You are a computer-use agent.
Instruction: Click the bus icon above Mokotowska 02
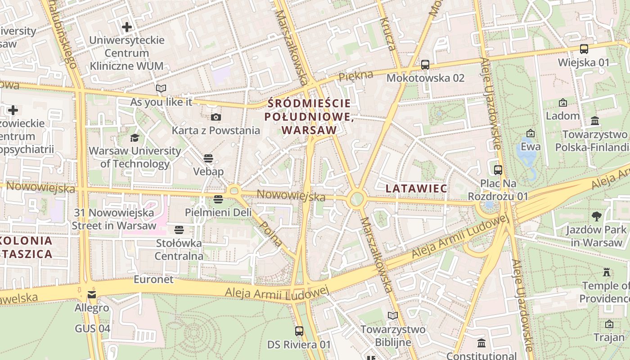(x=425, y=65)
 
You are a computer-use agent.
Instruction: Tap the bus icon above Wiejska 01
(x=584, y=49)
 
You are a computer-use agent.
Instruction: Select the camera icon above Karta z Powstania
(x=216, y=117)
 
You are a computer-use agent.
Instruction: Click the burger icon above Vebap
(x=208, y=158)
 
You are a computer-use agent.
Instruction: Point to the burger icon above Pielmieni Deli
(x=218, y=199)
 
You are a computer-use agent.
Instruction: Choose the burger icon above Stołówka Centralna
(x=179, y=230)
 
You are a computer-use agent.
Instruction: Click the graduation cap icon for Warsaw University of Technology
(x=135, y=138)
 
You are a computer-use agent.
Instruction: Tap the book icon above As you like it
(x=161, y=89)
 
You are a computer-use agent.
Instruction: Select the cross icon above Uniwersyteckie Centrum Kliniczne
(x=127, y=27)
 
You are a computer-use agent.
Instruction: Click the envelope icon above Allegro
(x=92, y=295)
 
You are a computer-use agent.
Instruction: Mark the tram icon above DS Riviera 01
(x=299, y=332)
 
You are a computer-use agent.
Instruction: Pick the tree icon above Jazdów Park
(x=597, y=216)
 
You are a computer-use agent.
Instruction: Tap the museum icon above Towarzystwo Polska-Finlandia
(x=595, y=121)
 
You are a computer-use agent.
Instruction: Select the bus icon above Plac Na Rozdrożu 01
(x=498, y=170)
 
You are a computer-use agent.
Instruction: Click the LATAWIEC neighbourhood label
(x=416, y=189)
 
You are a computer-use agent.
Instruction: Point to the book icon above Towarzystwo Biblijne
(x=393, y=316)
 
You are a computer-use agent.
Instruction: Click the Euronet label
(x=153, y=279)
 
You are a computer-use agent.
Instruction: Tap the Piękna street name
(x=356, y=76)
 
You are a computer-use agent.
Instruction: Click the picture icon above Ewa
(x=531, y=133)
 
